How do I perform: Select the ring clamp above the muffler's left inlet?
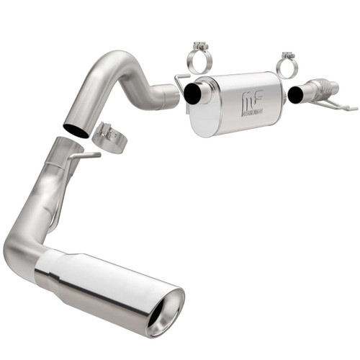coord(199,58)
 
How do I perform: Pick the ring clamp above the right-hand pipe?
coord(288,66)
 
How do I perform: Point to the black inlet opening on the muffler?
coord(193,94)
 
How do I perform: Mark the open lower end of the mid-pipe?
coord(76,130)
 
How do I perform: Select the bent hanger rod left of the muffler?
coord(179,84)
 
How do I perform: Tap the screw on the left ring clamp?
coord(199,48)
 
